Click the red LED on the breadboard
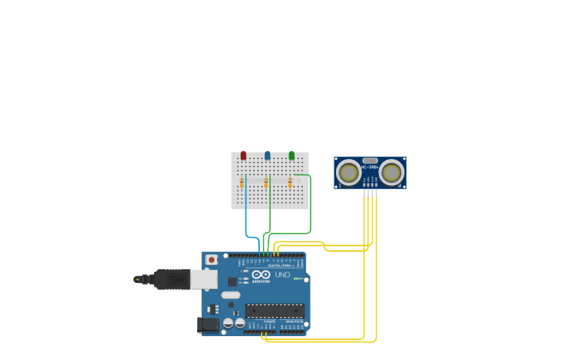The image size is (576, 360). (243, 156)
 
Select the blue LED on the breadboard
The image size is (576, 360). (267, 156)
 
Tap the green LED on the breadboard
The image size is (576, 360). (292, 156)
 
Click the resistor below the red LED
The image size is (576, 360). (242, 184)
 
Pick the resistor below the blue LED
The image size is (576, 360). (266, 184)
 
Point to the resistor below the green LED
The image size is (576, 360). (290, 184)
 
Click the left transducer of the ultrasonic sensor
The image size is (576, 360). (348, 172)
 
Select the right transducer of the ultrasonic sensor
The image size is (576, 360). (391, 172)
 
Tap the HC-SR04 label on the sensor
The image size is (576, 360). (369, 167)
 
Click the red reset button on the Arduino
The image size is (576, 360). (211, 260)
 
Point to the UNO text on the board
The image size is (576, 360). (283, 275)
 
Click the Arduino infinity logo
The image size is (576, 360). (261, 274)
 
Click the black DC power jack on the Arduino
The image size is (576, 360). (207, 324)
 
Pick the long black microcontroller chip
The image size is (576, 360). (274, 311)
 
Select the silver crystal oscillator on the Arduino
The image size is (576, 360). (230, 295)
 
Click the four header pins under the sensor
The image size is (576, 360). (370, 192)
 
